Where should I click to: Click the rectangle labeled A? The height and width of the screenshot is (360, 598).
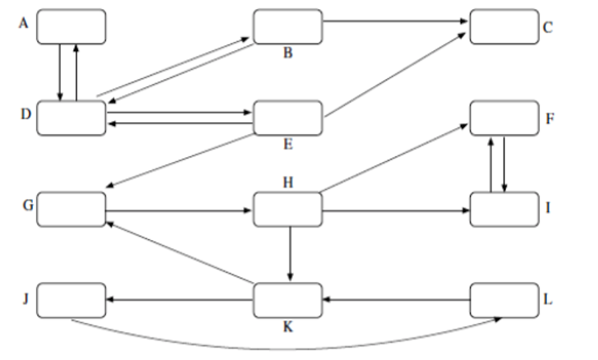[x=71, y=26]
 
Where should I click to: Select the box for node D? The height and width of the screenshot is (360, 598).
[x=71, y=118]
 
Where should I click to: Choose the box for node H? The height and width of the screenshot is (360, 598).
[x=287, y=209]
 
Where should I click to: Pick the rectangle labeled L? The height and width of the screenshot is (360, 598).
[x=503, y=299]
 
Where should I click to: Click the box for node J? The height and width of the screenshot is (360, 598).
[x=71, y=299]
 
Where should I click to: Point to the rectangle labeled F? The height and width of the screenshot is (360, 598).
[x=503, y=118]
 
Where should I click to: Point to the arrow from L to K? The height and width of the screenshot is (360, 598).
[x=394, y=300]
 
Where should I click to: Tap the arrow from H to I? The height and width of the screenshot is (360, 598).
[x=394, y=210]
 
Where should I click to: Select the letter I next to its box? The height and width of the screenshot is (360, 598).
[x=547, y=209]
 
